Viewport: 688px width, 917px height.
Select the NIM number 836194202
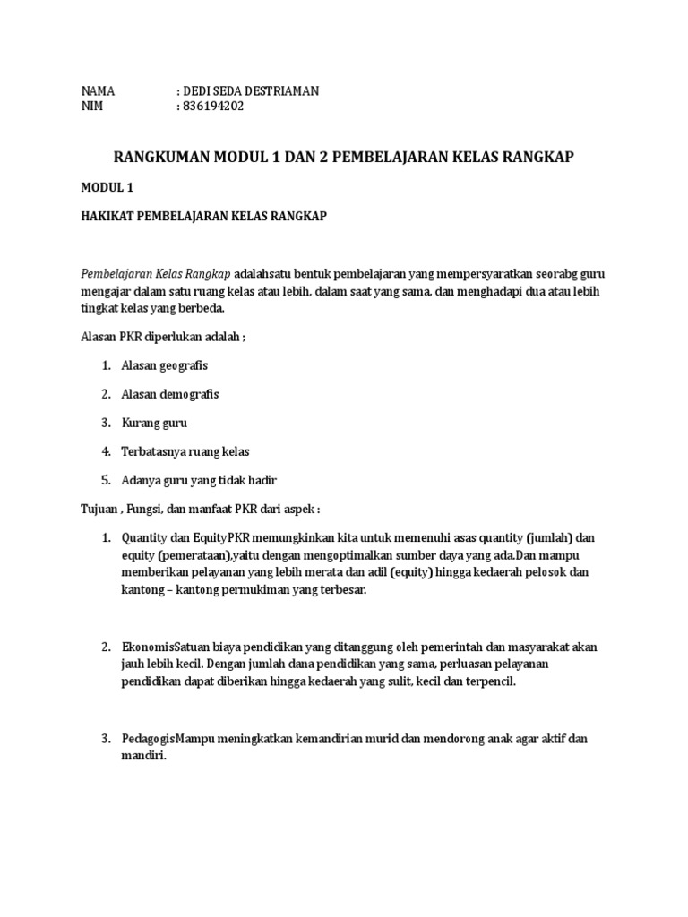(x=212, y=107)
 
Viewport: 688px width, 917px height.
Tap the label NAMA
(x=99, y=91)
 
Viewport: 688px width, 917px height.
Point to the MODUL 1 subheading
(x=107, y=187)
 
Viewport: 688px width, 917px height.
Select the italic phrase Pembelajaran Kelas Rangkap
(x=157, y=273)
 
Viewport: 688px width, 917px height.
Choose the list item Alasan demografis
(x=170, y=394)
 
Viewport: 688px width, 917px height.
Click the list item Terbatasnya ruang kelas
(x=185, y=450)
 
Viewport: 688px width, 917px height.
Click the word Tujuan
(x=100, y=508)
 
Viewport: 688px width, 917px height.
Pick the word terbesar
(x=340, y=589)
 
